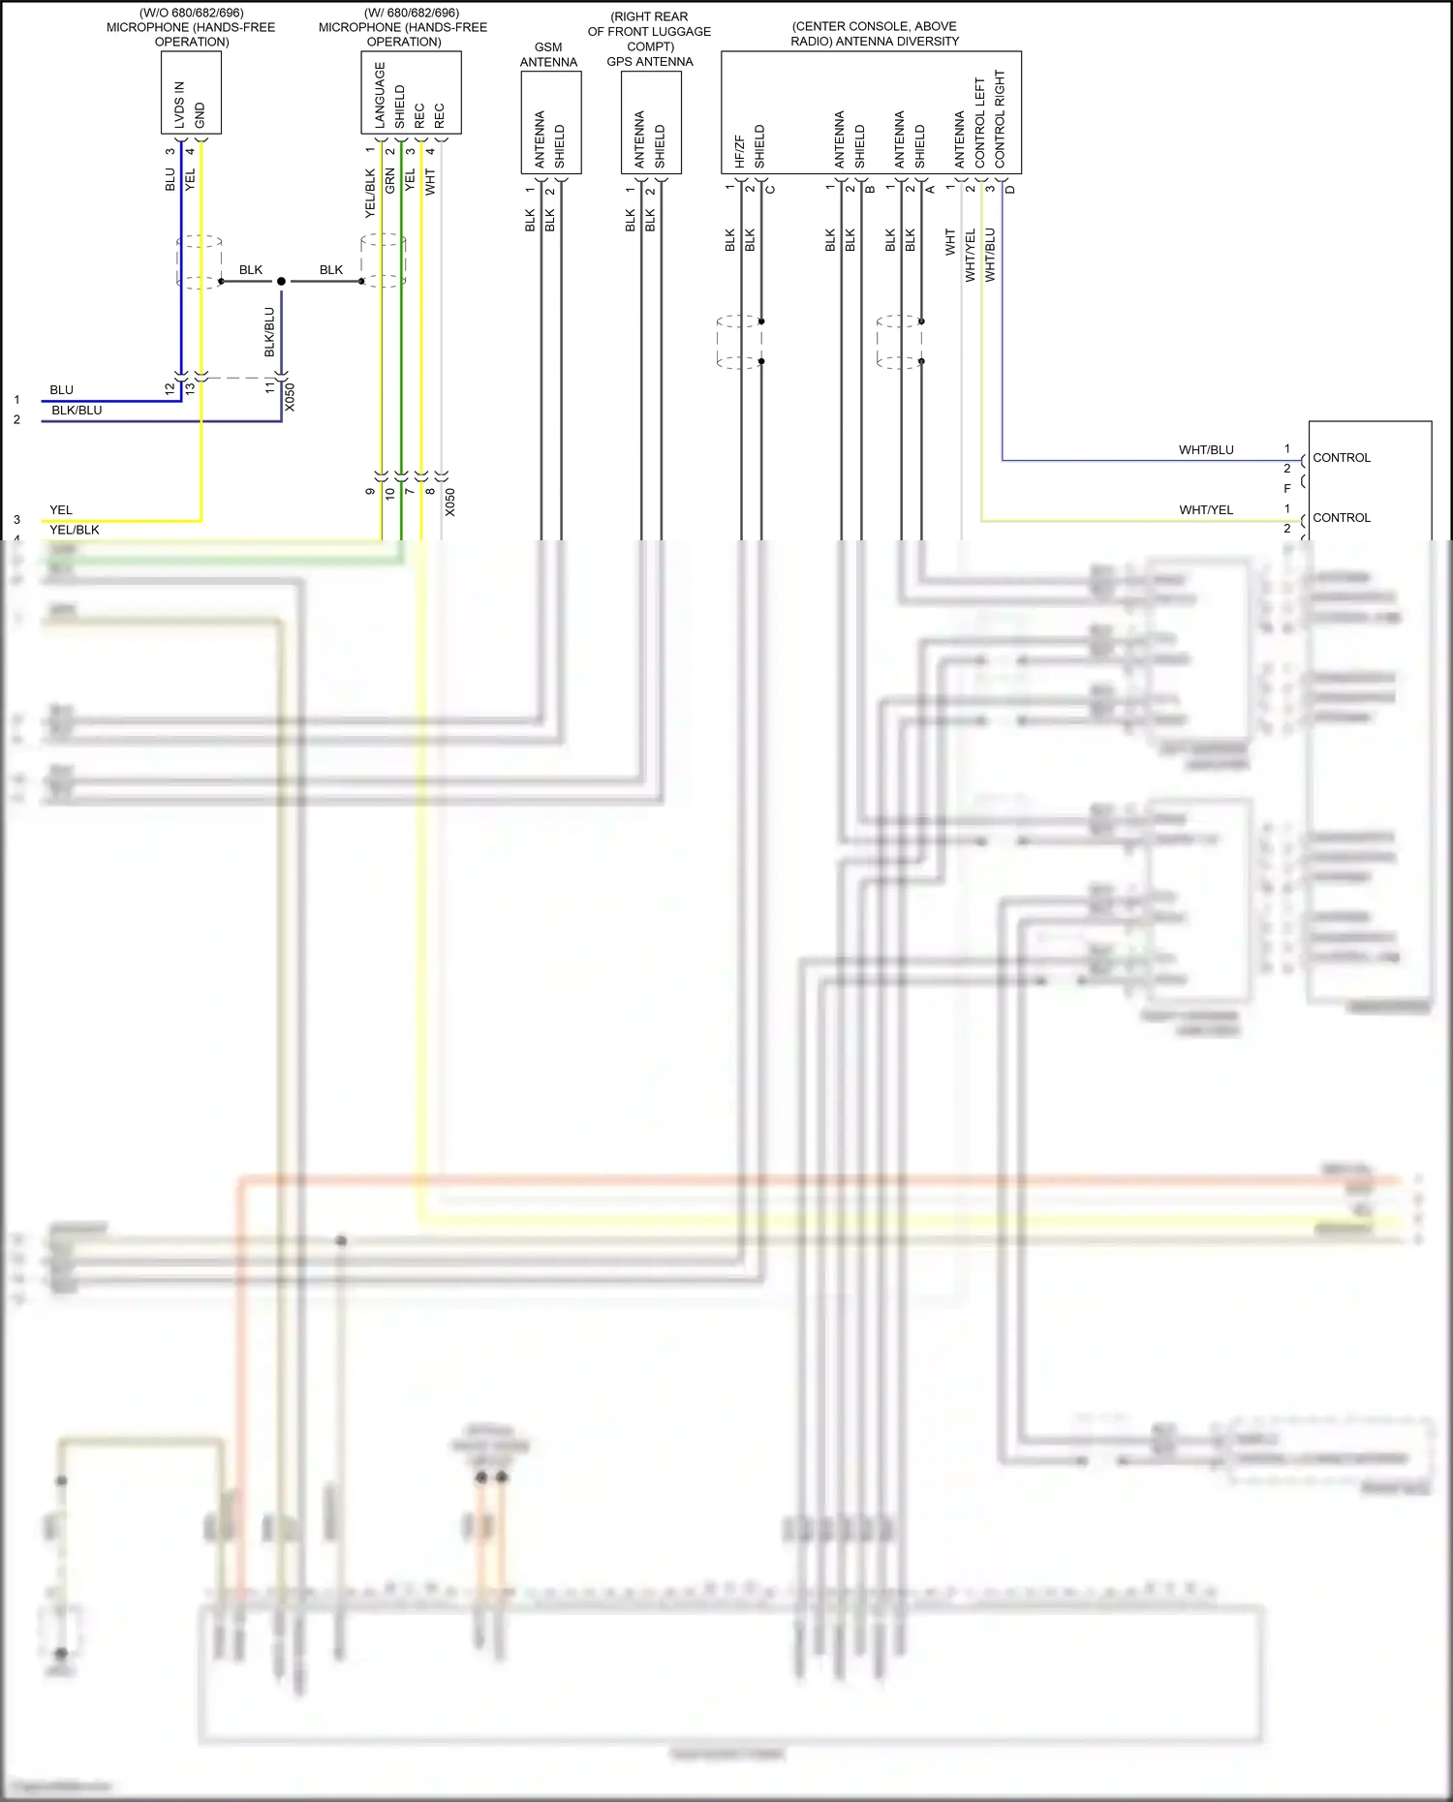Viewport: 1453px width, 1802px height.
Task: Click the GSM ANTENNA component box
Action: tap(550, 122)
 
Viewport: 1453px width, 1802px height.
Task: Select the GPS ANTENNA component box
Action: tap(651, 122)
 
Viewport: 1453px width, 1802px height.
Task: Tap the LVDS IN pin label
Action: tap(179, 105)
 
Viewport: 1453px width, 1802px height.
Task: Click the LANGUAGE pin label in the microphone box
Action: tap(380, 95)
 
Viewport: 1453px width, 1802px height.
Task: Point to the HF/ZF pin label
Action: tap(739, 151)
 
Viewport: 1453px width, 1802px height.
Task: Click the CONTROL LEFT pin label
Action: tap(979, 122)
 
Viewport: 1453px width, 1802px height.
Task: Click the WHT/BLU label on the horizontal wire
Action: tap(1206, 449)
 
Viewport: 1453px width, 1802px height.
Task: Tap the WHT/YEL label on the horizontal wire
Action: tap(1206, 509)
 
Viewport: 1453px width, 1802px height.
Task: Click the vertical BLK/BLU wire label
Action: tap(269, 332)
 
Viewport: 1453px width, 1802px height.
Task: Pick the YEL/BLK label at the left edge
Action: tap(75, 530)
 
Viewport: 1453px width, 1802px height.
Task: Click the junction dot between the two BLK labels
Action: tap(281, 281)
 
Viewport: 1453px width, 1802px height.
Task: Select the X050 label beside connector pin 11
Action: tap(290, 397)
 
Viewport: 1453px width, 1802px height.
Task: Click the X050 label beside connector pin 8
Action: tap(450, 502)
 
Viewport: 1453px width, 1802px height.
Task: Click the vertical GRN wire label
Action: tap(390, 180)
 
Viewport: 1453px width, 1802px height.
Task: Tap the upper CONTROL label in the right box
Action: tap(1342, 458)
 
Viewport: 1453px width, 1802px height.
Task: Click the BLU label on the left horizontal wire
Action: tap(61, 390)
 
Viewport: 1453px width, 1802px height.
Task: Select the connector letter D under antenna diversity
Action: tap(1010, 189)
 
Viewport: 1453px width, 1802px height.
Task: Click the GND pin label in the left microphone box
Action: tap(200, 114)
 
